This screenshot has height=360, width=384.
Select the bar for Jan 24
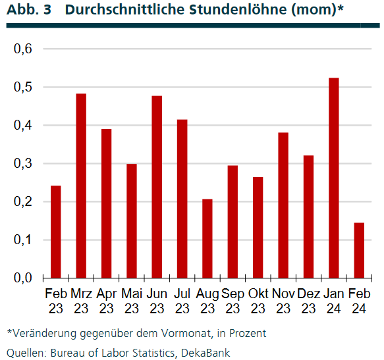tap(334, 178)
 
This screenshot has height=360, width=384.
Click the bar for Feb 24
tap(359, 250)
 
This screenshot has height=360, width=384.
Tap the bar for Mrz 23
tap(81, 186)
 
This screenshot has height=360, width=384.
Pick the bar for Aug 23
tap(207, 238)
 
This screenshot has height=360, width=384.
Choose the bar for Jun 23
tap(157, 187)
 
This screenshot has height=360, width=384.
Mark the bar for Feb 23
tap(56, 232)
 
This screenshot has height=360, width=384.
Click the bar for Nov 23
tap(283, 205)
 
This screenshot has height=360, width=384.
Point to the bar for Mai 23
tap(132, 220)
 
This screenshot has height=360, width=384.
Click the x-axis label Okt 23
tap(258, 299)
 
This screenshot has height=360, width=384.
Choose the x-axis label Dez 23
tap(308, 299)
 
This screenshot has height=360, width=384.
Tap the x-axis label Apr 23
tap(106, 299)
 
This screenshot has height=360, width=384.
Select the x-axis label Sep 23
tap(233, 299)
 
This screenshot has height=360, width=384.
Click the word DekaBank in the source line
tap(208, 352)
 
